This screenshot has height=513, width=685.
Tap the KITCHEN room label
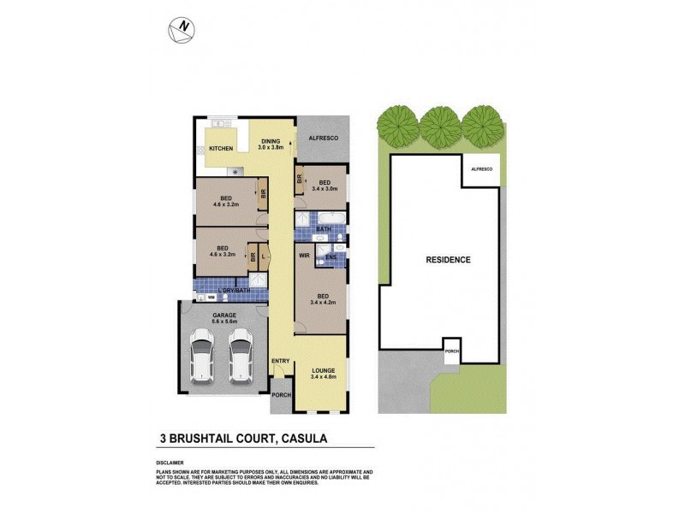221,149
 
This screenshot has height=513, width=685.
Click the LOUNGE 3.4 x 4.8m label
322,373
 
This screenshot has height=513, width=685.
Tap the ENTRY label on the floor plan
280,362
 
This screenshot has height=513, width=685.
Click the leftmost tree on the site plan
398,126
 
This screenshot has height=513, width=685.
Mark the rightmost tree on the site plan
483,126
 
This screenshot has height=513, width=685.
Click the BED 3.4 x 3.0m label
325,186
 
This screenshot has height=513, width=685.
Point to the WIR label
303,255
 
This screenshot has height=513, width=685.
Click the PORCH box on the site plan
451,351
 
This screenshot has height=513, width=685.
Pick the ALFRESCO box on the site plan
482,170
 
